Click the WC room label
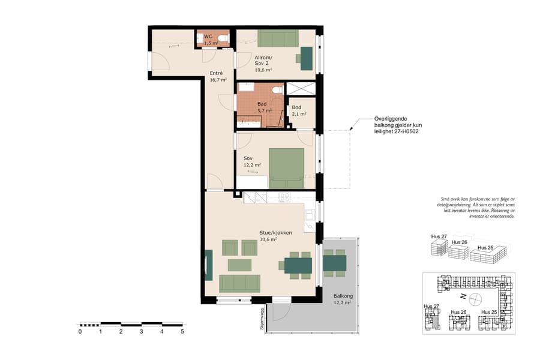point(208,37)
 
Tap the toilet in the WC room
point(222,39)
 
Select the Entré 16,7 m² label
point(217,76)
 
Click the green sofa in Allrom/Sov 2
point(278,38)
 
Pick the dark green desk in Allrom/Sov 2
point(307,58)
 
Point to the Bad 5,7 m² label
point(262,107)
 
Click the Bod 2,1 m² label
point(299,111)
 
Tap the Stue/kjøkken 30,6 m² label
point(275,236)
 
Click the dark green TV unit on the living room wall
point(209,265)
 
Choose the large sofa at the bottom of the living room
point(240,283)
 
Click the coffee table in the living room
point(239,265)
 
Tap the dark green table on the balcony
point(335,263)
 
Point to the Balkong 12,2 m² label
point(343,299)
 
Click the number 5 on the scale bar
point(182,331)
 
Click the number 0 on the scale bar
point(80,331)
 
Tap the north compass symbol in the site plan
point(475,298)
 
